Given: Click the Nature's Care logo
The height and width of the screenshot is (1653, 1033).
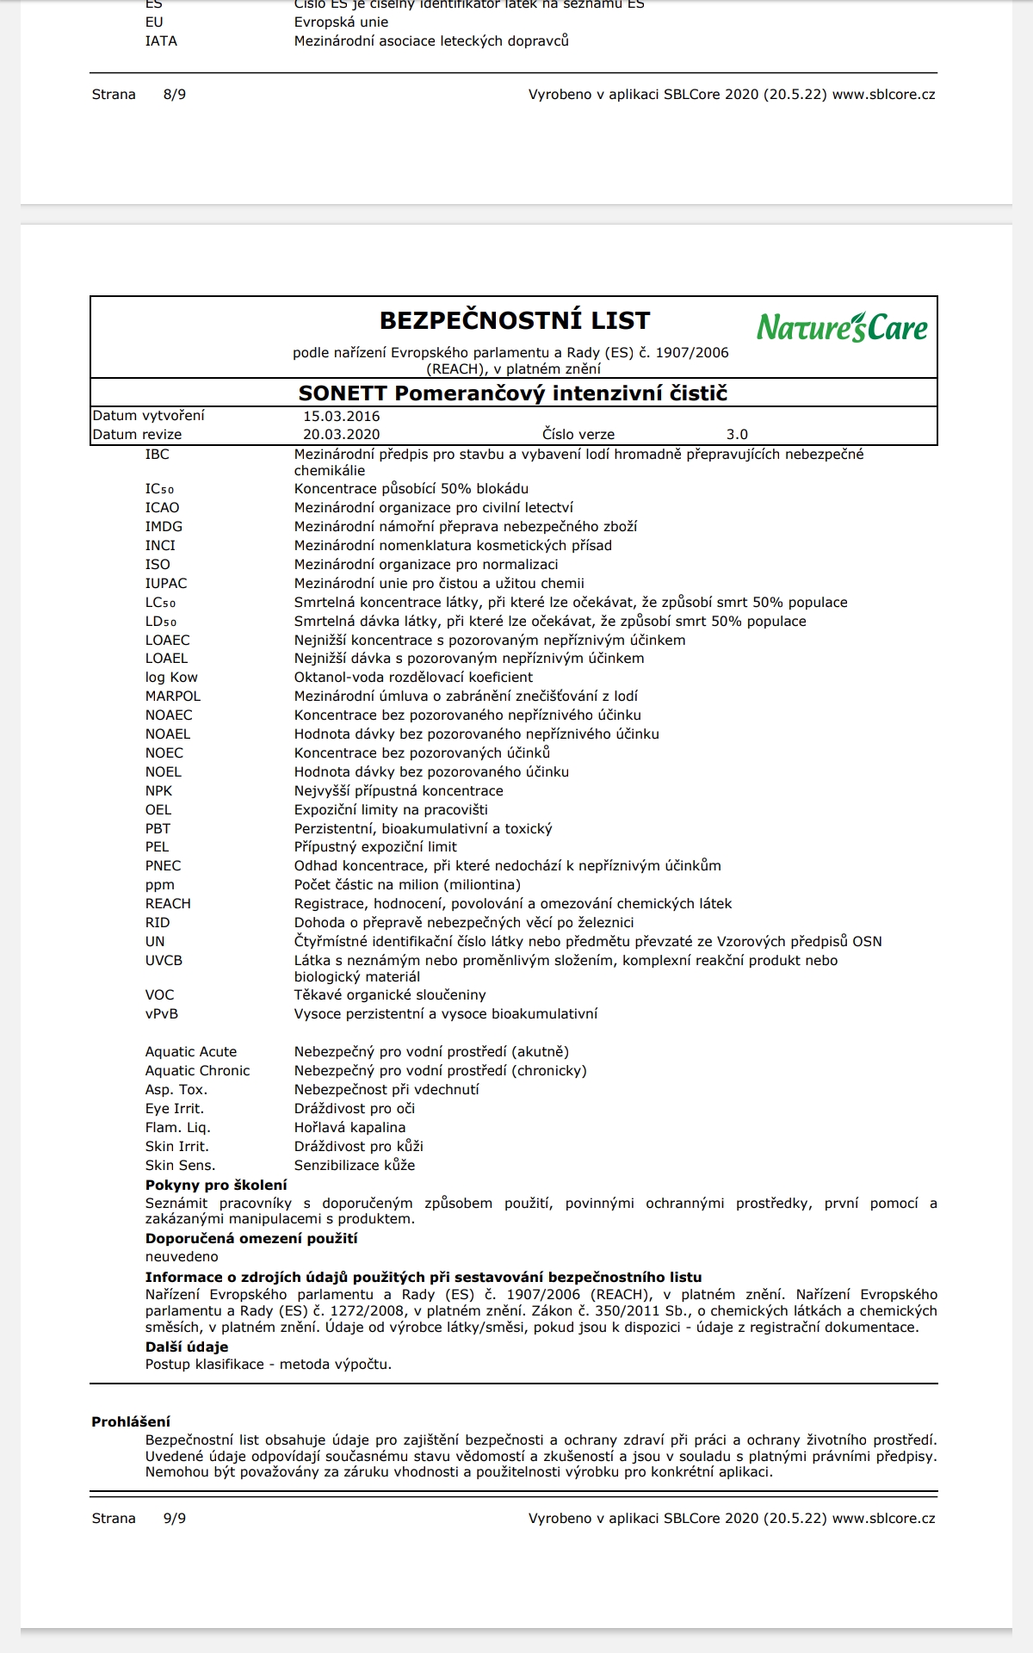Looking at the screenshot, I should [842, 327].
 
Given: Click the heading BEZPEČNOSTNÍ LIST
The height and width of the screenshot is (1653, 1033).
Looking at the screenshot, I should [515, 321].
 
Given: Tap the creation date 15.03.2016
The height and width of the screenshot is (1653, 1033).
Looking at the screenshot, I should [341, 416].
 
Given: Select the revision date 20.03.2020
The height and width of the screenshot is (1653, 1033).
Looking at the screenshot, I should [341, 435].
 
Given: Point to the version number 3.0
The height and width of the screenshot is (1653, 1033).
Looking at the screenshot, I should [737, 435].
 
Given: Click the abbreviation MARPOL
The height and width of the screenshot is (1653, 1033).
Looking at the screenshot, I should [173, 696].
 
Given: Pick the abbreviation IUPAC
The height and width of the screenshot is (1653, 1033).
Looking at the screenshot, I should [166, 584].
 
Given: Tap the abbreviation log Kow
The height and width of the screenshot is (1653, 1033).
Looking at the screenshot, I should [171, 678].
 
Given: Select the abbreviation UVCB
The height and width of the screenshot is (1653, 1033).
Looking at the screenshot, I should [164, 961].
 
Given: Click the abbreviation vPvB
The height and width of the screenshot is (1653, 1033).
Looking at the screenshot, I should [162, 1014].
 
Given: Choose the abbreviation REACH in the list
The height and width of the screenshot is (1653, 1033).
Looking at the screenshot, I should [168, 904].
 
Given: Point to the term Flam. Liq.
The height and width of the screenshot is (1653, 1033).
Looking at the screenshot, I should [177, 1128].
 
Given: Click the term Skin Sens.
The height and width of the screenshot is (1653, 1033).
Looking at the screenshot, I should [180, 1166].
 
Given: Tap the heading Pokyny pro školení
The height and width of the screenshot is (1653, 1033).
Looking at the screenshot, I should [216, 1186].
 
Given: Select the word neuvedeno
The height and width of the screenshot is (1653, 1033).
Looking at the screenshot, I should [182, 1257].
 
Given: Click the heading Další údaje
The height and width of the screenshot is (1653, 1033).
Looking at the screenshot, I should [187, 1347].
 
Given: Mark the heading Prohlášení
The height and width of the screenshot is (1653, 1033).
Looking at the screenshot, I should [131, 1422].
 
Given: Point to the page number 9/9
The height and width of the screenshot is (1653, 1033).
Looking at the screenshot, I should [174, 1519].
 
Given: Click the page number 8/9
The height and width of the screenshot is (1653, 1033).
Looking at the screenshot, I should [174, 95].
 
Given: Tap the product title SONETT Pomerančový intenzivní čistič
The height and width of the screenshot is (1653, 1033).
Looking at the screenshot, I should [513, 393].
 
